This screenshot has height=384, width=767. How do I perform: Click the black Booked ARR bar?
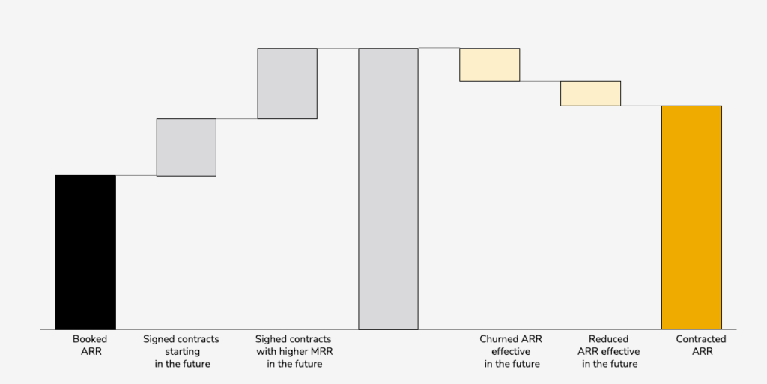tap(85, 252)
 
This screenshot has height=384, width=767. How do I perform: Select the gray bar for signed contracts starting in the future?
tap(186, 147)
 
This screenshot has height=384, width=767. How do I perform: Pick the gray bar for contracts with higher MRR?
tap(287, 83)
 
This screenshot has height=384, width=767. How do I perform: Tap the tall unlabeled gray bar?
tap(388, 189)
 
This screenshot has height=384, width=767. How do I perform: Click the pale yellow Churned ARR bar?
tap(489, 64)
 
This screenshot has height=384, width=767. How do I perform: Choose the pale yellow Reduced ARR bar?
tap(590, 93)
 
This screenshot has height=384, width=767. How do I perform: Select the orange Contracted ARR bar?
tap(691, 217)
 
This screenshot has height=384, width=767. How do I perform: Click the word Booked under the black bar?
tap(90, 339)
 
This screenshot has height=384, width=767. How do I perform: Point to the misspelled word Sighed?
tap(271, 339)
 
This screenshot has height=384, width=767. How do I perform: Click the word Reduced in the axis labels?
tap(608, 339)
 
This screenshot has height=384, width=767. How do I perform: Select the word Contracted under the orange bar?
tap(701, 339)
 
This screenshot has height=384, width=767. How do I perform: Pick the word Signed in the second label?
tap(159, 339)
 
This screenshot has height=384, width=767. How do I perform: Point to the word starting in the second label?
tap(181, 352)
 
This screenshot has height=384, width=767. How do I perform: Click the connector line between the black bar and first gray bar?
tap(136, 175)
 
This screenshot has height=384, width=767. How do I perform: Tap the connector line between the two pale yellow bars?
tap(540, 81)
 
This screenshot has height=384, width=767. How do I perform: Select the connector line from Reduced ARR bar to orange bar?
tap(641, 106)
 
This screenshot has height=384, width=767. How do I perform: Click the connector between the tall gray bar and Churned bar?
tap(439, 48)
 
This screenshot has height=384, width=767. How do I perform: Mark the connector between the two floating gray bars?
tap(237, 118)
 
